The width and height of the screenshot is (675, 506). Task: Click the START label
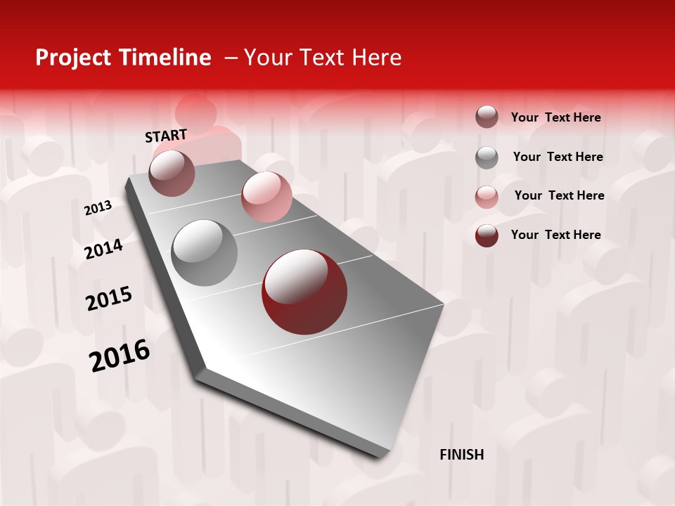click(166, 136)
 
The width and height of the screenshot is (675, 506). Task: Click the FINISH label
click(461, 455)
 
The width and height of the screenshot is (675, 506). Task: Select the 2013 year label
click(98, 208)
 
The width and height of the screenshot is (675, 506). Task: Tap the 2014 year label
click(103, 249)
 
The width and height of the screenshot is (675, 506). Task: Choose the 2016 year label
click(120, 356)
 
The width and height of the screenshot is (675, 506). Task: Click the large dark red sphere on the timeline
click(304, 292)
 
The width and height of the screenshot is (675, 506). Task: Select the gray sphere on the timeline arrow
click(204, 252)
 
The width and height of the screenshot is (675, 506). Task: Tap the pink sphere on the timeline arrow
click(266, 197)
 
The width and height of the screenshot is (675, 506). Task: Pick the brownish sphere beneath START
click(172, 174)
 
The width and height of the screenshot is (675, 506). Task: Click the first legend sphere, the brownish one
click(487, 117)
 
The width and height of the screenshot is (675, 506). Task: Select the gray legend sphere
click(487, 157)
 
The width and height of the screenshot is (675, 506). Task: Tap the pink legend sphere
click(487, 197)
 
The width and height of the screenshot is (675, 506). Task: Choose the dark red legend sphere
click(487, 235)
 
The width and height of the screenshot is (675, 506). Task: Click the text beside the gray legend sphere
click(558, 157)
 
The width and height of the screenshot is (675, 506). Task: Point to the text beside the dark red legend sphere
click(555, 235)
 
